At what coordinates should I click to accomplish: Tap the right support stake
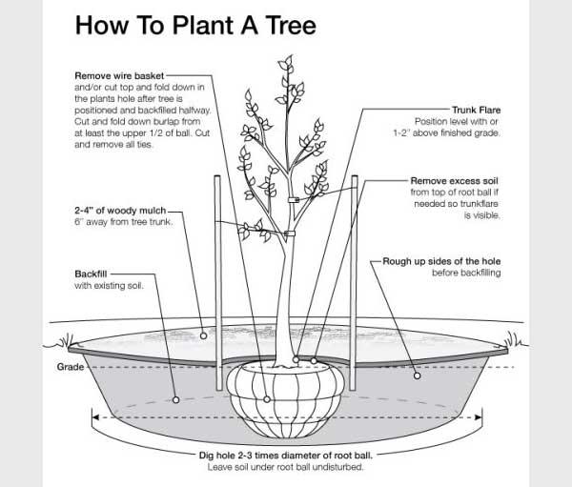(355, 257)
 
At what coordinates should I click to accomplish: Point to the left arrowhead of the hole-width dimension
(93, 416)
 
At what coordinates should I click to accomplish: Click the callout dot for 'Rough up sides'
(417, 375)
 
